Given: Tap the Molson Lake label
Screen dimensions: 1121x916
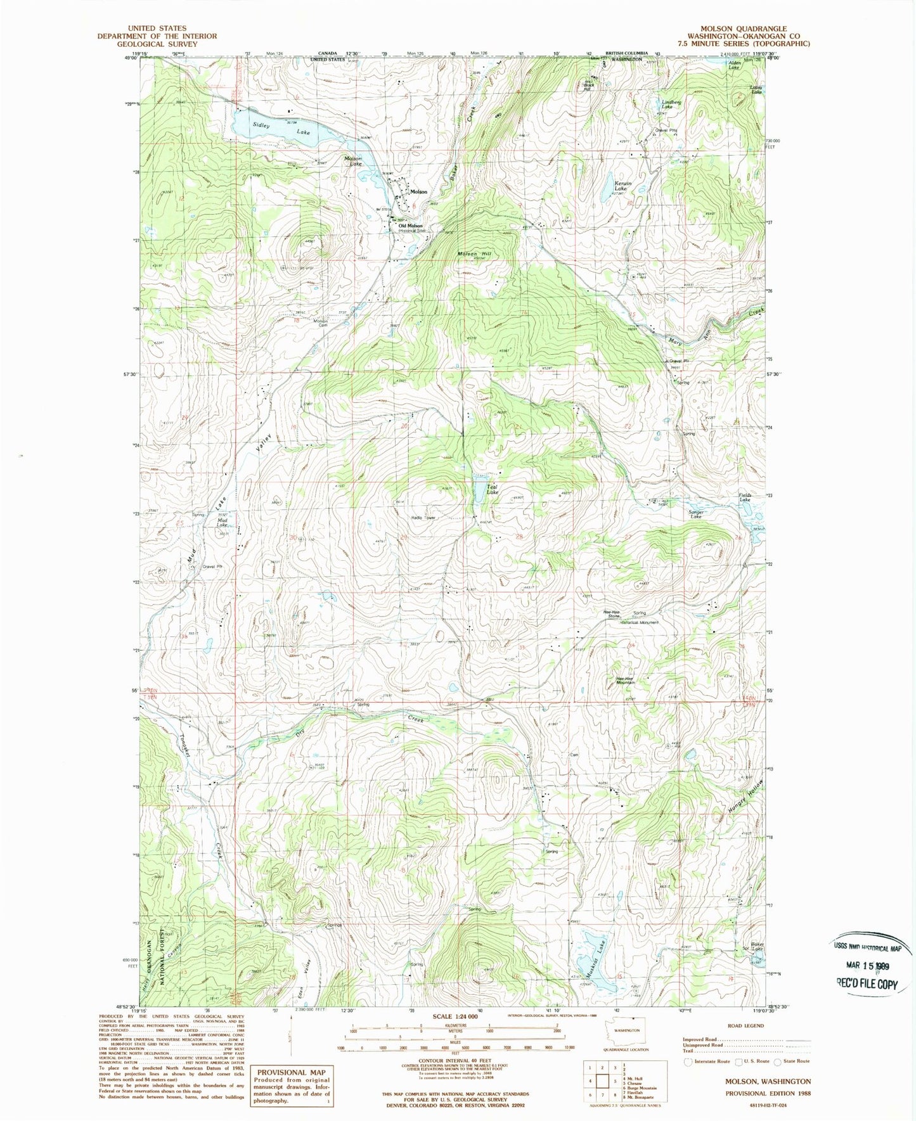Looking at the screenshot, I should click(353, 161).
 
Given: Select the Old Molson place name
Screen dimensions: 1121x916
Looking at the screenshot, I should click(411, 226).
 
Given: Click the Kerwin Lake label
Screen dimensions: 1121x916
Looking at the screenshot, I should click(621, 186).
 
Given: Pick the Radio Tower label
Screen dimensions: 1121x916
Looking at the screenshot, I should click(423, 518).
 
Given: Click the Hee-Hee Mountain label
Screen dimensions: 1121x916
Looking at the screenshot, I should click(625, 681).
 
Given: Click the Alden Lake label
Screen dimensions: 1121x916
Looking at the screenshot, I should click(734, 65).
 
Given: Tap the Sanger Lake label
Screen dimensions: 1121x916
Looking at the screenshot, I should click(696, 515).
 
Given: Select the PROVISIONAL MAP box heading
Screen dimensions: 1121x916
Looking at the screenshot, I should click(290, 1072).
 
